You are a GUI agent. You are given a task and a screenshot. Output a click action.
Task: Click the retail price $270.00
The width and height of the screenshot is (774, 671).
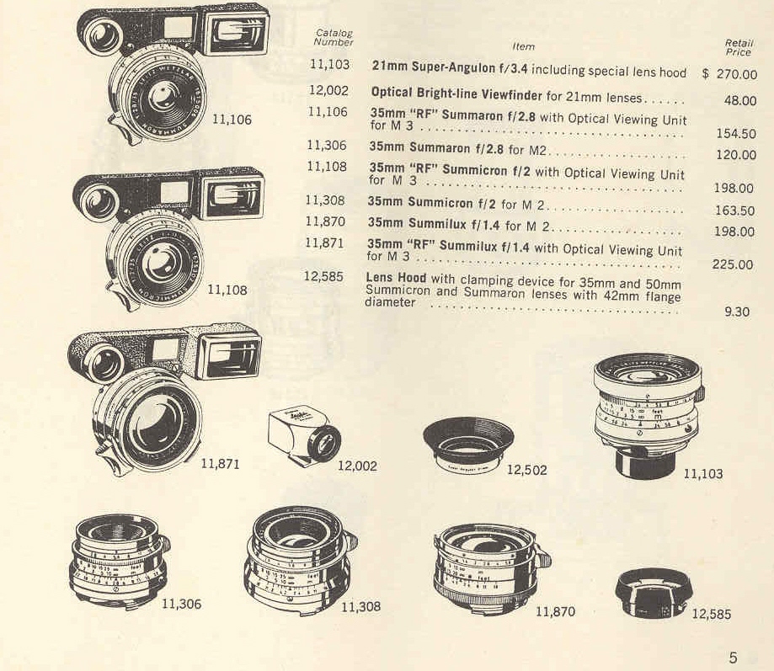click(729, 74)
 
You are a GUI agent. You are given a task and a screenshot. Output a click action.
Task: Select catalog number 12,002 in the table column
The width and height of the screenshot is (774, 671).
click(328, 91)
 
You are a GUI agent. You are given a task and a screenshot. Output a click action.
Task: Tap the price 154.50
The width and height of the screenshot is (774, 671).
click(736, 134)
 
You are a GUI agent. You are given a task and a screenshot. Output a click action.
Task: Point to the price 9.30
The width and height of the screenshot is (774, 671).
click(736, 312)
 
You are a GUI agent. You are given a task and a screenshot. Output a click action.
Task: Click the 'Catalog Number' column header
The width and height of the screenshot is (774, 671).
click(334, 38)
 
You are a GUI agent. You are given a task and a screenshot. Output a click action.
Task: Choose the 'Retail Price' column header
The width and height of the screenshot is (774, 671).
click(739, 47)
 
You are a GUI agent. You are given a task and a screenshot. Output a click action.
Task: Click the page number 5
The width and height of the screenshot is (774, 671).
click(733, 658)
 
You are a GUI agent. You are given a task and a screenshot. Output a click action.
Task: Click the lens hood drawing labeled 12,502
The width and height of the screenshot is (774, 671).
click(468, 444)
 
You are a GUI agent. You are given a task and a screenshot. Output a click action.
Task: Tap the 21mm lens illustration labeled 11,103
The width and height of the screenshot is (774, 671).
click(648, 415)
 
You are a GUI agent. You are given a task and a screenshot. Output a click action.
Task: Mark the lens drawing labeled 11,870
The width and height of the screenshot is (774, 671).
click(492, 568)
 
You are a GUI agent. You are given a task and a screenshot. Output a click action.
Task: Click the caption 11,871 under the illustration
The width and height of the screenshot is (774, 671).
click(220, 464)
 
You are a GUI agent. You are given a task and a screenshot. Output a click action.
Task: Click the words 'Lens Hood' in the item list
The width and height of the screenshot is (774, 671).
click(396, 277)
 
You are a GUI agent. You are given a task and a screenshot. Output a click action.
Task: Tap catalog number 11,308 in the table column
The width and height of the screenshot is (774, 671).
click(325, 200)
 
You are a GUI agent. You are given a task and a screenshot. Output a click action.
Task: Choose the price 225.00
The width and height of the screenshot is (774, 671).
click(733, 265)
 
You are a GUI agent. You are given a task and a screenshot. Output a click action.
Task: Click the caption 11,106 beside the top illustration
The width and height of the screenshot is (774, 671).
click(232, 120)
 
